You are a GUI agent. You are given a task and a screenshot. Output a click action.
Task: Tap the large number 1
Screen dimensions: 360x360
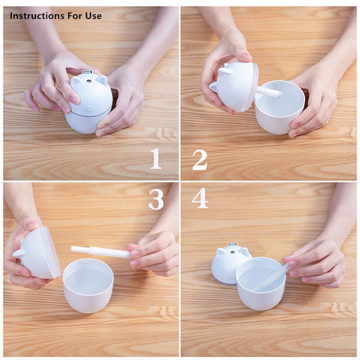click(156, 159)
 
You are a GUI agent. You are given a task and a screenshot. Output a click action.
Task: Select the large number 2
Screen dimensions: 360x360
click(200, 159)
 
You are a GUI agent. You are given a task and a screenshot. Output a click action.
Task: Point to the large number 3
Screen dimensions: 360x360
click(156, 199)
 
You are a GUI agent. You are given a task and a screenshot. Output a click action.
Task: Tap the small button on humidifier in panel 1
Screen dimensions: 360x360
click(89, 108)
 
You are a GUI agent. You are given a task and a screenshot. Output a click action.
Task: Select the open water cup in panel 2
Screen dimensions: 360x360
click(279, 108)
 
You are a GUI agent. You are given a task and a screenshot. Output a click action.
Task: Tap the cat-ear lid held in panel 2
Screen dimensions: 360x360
click(234, 88)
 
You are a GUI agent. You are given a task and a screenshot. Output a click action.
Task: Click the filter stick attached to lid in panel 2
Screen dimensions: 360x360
click(269, 92)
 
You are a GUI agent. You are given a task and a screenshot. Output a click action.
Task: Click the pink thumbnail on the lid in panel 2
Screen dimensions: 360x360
click(246, 57)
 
